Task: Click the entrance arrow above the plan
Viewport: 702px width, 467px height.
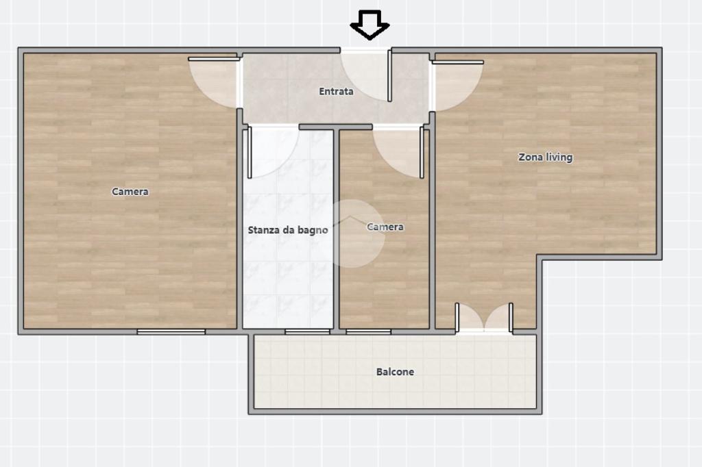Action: coord(370,25)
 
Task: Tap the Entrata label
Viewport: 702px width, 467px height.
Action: coord(336,91)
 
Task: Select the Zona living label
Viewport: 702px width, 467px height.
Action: coord(545,157)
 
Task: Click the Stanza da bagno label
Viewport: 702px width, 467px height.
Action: coord(288,230)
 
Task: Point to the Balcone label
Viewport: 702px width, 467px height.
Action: coord(395,372)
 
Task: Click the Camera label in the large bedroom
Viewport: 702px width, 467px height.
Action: coord(130,192)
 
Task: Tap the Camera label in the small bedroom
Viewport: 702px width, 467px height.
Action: coord(385,227)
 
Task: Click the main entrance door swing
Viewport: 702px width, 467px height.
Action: coord(366,75)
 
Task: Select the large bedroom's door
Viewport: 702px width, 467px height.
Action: coord(213,82)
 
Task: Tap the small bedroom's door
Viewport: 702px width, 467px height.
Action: coord(398,153)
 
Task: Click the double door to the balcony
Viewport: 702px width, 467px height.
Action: coord(484,318)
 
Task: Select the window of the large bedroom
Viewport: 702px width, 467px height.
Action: coord(171,331)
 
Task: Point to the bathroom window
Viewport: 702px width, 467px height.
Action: coord(308,331)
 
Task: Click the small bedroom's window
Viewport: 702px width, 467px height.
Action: coord(368,331)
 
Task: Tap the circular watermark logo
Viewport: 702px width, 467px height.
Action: coord(354,233)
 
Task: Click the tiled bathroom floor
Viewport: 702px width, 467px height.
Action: coord(288,277)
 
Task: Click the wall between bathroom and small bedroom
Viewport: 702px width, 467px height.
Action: coord(336,229)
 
